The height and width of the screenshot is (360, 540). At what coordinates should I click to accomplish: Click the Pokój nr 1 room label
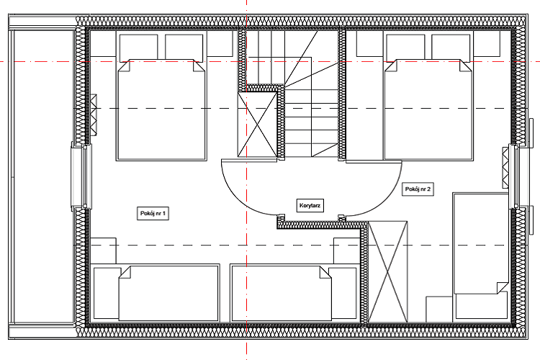(x=153, y=214)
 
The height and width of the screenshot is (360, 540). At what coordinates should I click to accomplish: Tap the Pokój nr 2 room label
(x=418, y=189)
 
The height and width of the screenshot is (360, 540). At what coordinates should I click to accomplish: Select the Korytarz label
(x=310, y=206)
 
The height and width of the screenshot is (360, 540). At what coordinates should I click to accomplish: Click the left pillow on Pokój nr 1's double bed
(x=138, y=48)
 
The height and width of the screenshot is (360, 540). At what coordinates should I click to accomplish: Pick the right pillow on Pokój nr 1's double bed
(x=184, y=48)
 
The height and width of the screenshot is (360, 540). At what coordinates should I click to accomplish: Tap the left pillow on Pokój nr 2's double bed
(x=405, y=48)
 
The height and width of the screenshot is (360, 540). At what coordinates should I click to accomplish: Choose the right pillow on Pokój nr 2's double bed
(x=451, y=48)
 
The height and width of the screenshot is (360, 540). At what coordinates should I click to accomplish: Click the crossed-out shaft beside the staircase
(x=257, y=125)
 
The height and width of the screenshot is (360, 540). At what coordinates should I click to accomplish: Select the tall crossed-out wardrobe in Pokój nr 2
(x=388, y=272)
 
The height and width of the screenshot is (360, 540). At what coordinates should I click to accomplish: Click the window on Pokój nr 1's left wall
(x=81, y=176)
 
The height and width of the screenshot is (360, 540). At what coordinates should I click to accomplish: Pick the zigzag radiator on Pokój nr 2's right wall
(x=505, y=168)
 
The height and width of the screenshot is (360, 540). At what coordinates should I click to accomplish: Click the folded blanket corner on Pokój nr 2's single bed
(x=502, y=288)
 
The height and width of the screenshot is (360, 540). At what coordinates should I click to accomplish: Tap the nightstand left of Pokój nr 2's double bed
(x=370, y=43)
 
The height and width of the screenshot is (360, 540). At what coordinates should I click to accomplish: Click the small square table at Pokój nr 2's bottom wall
(x=438, y=310)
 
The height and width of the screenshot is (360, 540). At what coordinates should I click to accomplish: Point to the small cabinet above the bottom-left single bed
(x=103, y=251)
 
